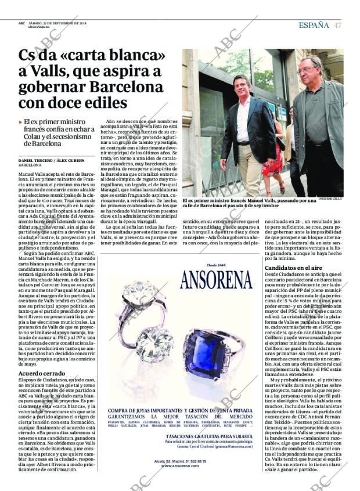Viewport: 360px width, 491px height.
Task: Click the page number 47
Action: (x=337, y=25)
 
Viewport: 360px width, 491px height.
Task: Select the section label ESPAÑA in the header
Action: (x=314, y=25)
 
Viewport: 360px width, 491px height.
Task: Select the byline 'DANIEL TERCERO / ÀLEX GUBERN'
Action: (x=52, y=160)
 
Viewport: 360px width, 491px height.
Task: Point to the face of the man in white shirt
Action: (x=240, y=87)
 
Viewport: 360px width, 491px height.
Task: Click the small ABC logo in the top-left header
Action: (x=21, y=24)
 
